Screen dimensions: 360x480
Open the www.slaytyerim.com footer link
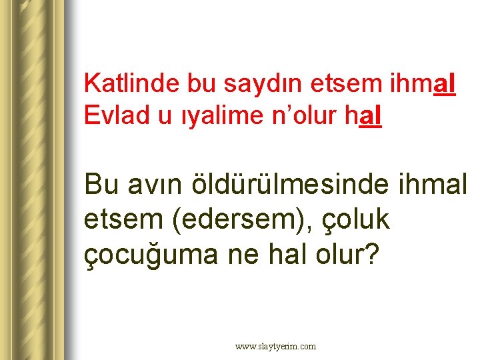pos(275,346)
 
